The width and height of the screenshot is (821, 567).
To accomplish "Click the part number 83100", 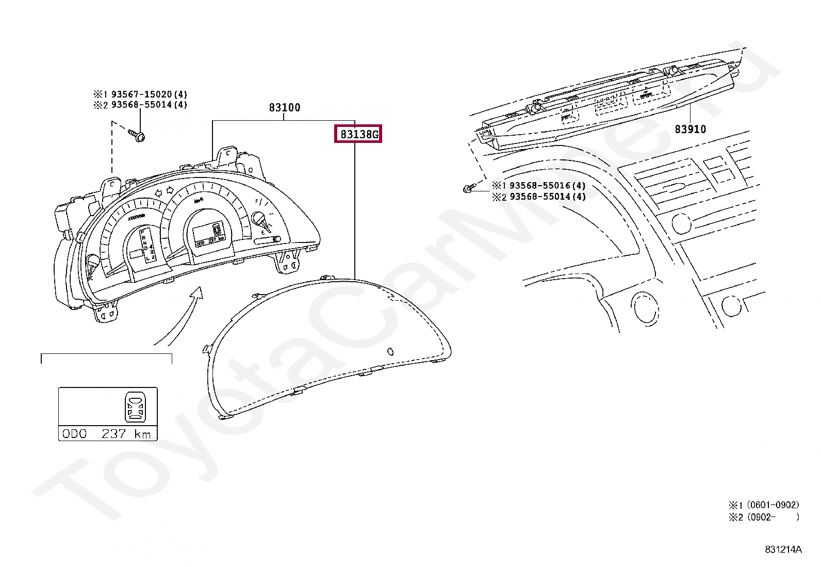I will point(284,108).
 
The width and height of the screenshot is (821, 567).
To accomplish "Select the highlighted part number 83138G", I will point(358,134).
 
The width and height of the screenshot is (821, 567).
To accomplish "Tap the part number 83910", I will point(690,129).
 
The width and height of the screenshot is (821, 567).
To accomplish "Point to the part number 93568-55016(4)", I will point(547,186).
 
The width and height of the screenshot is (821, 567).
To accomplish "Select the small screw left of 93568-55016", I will point(467,189).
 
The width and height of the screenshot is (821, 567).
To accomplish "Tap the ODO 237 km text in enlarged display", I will point(107,434).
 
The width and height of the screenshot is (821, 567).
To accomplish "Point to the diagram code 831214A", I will point(783,549).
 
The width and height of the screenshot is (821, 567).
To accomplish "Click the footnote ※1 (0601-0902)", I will point(764,505).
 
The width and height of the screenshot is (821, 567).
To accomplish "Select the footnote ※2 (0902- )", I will point(764,517).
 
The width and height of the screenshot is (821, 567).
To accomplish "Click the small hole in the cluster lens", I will point(390,352).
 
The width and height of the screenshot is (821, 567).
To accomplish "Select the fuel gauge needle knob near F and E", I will point(258,219).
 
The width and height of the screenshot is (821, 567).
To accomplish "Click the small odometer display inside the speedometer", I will point(210,240).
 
